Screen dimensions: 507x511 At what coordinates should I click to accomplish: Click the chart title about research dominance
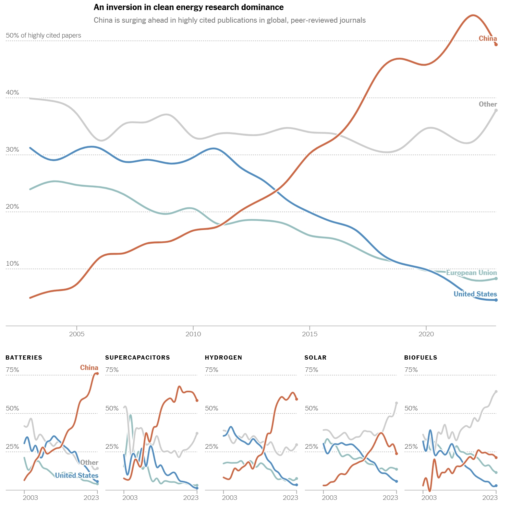tap(189, 7)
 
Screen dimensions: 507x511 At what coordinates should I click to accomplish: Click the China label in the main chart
tap(488, 39)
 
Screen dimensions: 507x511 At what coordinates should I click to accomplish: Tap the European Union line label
tap(471, 273)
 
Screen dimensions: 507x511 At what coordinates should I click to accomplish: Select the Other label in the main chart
tap(488, 104)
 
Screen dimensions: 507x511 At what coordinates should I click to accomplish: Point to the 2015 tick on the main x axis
tap(310, 334)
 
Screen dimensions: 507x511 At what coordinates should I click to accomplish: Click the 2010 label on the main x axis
tap(193, 334)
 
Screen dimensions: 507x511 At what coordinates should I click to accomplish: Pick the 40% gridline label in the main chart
tap(12, 93)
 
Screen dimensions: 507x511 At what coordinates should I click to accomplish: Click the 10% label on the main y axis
tap(12, 264)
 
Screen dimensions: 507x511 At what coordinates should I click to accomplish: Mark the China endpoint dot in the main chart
tap(496, 44)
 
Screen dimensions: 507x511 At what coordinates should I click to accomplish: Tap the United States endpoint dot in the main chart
tap(496, 300)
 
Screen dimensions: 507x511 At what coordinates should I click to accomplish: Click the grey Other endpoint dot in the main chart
tap(496, 110)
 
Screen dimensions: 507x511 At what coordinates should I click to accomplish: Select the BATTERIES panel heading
tap(24, 358)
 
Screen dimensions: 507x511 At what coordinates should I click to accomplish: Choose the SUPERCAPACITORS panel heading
tap(138, 358)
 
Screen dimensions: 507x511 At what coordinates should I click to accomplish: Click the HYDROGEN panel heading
tap(224, 358)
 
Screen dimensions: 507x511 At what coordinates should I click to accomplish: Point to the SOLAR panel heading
tap(315, 358)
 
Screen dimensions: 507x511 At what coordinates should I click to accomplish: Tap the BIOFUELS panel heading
tap(420, 358)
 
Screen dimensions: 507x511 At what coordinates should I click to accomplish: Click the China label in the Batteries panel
tap(89, 368)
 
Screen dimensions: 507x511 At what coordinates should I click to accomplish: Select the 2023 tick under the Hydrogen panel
tap(290, 498)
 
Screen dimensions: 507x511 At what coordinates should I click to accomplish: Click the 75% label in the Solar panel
tap(311, 370)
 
